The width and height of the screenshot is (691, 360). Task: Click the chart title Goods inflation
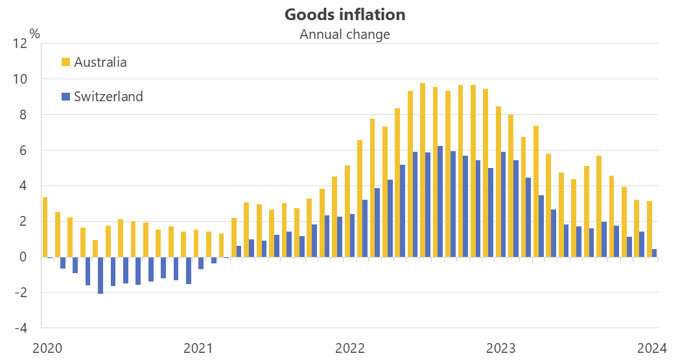(x=345, y=14)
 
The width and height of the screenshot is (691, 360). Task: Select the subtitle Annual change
(x=345, y=34)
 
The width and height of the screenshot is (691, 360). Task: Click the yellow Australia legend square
(x=65, y=62)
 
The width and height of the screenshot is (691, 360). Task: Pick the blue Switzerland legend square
(x=65, y=97)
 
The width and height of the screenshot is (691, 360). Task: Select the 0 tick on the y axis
(x=23, y=257)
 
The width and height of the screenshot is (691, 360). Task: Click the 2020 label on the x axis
(x=47, y=348)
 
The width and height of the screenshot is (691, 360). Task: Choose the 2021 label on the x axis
(x=198, y=348)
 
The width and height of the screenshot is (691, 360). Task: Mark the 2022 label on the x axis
(x=350, y=348)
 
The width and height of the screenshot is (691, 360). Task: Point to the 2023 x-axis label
(x=501, y=348)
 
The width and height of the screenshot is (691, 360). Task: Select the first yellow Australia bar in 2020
(x=45, y=227)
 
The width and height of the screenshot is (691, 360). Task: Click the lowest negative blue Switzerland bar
(x=100, y=275)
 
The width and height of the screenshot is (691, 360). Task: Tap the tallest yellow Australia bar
(x=423, y=170)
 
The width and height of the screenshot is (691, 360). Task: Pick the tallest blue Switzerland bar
(x=441, y=201)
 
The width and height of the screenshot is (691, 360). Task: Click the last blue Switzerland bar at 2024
(x=654, y=253)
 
